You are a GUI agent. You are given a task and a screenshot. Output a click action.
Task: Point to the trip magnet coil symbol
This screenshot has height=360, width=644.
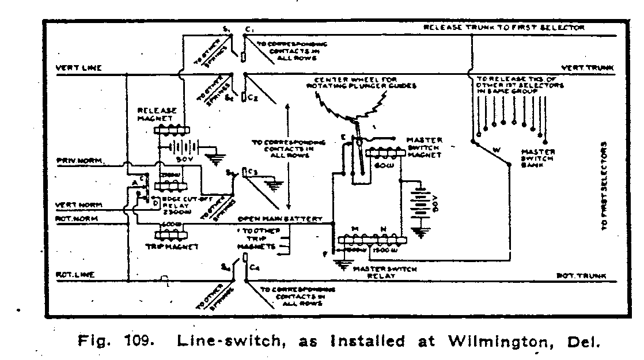[x=171, y=234]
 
